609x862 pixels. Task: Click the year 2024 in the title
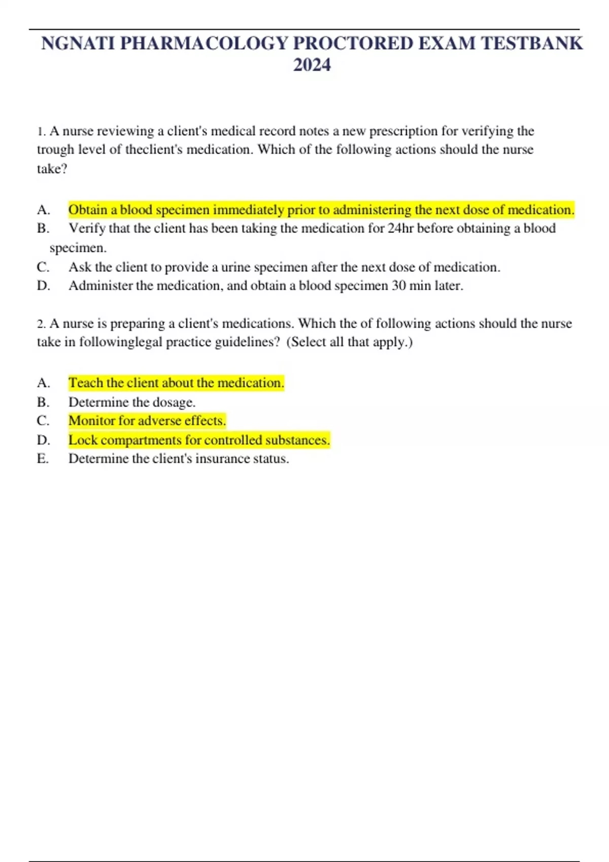[x=312, y=65]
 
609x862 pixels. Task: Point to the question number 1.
[x=41, y=132]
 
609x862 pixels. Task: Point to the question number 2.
[x=41, y=324]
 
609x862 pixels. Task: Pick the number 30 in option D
[x=398, y=286]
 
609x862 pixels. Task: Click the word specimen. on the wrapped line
[x=78, y=248]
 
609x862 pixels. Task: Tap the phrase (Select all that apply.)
[x=350, y=342]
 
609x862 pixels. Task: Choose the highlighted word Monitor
[x=91, y=421]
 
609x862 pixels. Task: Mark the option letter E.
[x=43, y=459]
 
